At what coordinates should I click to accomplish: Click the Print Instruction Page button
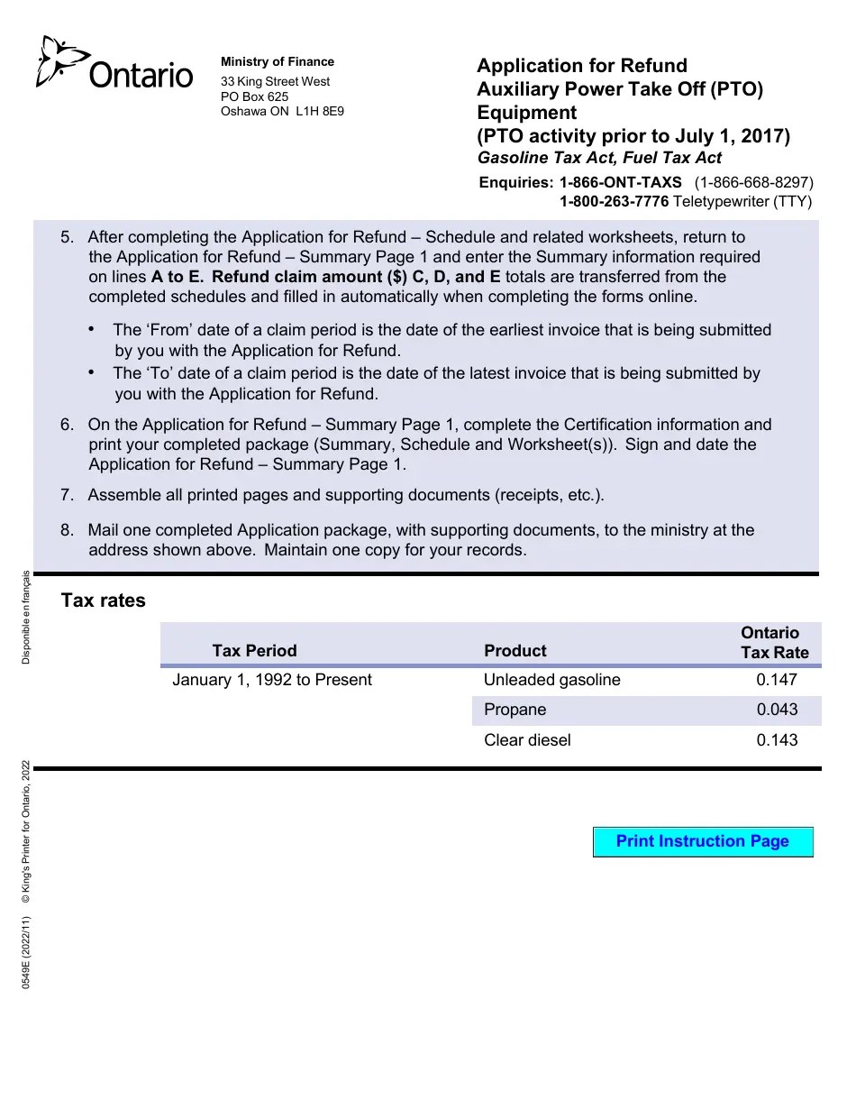tap(703, 841)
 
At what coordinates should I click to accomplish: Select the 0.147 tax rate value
tap(777, 680)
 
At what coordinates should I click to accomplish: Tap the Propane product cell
tap(515, 710)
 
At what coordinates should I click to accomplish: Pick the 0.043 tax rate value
tap(777, 710)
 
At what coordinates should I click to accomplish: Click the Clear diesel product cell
tap(527, 740)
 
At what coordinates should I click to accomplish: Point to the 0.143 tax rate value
tap(777, 740)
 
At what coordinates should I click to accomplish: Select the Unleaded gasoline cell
tap(551, 680)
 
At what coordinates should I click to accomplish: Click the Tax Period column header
tap(254, 651)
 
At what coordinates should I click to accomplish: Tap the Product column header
tap(515, 651)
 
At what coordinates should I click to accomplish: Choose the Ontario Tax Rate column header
tap(773, 642)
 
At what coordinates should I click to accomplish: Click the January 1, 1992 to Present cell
tap(271, 680)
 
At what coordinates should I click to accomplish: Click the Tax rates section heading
tap(103, 600)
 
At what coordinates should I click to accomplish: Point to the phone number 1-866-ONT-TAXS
tap(620, 182)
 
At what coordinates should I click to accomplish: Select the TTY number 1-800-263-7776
tap(614, 202)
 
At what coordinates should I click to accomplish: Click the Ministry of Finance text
tap(277, 62)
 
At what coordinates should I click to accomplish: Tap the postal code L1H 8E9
tap(319, 112)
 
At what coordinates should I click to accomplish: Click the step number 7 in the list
tap(67, 495)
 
